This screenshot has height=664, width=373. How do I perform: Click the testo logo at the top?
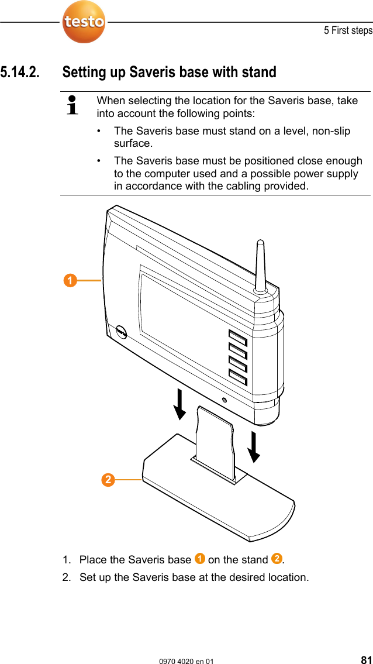(x=84, y=22)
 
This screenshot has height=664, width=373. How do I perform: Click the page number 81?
(x=366, y=660)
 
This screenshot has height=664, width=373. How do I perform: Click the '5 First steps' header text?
(x=348, y=30)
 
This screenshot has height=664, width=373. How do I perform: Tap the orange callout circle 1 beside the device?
(x=70, y=281)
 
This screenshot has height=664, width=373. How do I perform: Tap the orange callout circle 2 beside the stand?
(x=108, y=480)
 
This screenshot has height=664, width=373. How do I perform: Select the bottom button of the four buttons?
(x=237, y=379)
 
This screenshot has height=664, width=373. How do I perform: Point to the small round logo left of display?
(x=122, y=331)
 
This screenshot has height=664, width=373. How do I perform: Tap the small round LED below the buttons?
(x=225, y=400)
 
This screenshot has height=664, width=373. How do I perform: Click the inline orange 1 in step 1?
(x=200, y=559)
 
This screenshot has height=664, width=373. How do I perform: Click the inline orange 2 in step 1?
(x=277, y=559)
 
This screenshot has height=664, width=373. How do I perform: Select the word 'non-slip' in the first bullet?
(x=331, y=130)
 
